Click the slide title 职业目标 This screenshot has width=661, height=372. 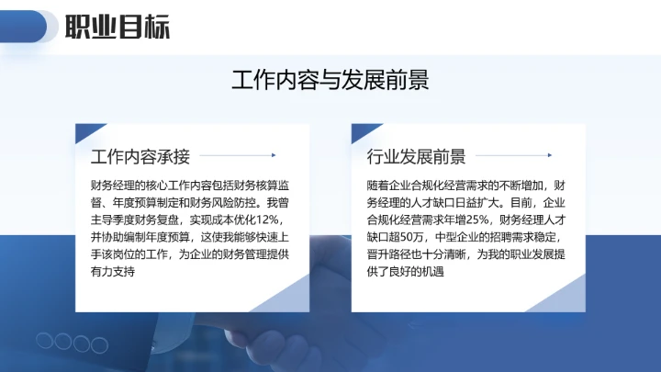tap(118, 28)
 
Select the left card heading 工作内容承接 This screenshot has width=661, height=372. tap(140, 155)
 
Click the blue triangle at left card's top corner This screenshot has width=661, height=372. tap(84, 131)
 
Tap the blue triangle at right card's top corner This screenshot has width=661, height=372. tap(360, 131)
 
